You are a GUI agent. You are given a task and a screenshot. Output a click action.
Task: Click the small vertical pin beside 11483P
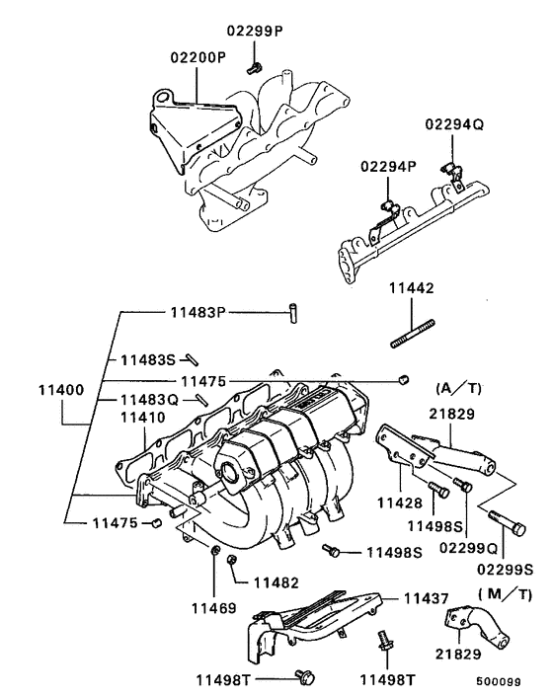point(293,311)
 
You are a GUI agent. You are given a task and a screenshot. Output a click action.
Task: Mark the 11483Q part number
point(148,400)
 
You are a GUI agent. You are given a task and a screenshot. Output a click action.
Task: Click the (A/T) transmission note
point(456,386)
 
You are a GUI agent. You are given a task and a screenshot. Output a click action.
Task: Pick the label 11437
point(426,599)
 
